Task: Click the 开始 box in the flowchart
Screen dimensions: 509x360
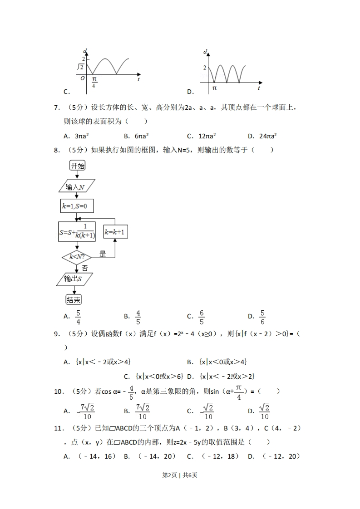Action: pyautogui.click(x=77, y=166)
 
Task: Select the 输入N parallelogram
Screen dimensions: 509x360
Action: pyautogui.click(x=76, y=186)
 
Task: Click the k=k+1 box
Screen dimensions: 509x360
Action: pyautogui.click(x=115, y=232)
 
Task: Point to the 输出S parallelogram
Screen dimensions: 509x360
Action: pyautogui.click(x=75, y=279)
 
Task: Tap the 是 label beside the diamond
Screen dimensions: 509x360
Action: pyautogui.click(x=103, y=254)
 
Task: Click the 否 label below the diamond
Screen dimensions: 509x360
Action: pyautogui.click(x=84, y=268)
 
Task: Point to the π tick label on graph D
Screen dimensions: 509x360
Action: pyautogui.click(x=214, y=87)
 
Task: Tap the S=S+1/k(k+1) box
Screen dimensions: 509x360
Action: pyautogui.click(x=77, y=232)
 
